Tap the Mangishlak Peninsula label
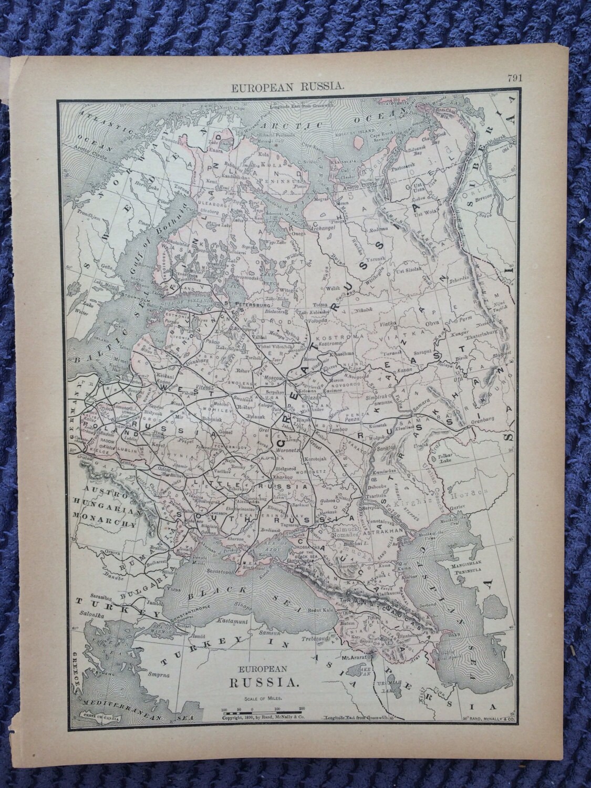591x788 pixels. tap(475, 575)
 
